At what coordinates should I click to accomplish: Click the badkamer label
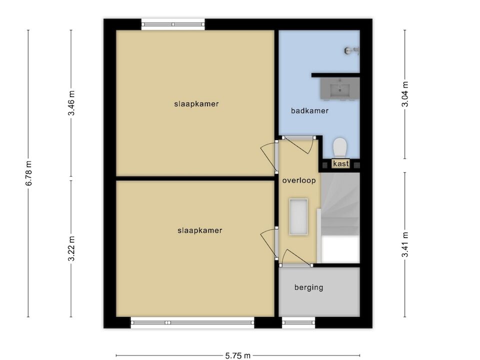(309, 111)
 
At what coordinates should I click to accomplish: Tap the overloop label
(299, 180)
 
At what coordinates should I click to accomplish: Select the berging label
(308, 287)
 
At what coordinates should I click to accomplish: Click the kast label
(340, 164)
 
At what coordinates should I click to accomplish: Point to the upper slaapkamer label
(196, 104)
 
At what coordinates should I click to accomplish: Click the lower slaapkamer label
(199, 230)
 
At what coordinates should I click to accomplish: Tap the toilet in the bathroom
(340, 147)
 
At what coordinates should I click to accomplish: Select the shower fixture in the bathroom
(351, 50)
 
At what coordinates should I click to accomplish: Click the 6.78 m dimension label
(29, 173)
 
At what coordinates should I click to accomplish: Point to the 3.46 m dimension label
(71, 103)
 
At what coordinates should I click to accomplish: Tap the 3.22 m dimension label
(71, 248)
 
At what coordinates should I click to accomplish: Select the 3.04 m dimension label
(405, 94)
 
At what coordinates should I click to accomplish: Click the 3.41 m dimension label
(405, 245)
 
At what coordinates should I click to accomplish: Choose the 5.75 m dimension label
(238, 355)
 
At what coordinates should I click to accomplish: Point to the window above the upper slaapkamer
(173, 24)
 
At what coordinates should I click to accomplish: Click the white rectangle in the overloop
(298, 216)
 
